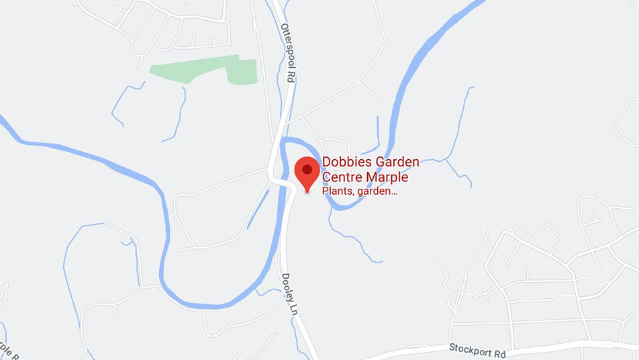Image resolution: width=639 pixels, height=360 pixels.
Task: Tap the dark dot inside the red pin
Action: pyautogui.click(x=307, y=169)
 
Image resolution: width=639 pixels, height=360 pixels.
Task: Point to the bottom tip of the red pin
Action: pyautogui.click(x=307, y=192)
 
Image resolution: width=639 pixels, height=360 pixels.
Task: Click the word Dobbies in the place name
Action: pyautogui.click(x=343, y=162)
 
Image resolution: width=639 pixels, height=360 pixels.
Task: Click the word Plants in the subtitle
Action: pyautogui.click(x=337, y=191)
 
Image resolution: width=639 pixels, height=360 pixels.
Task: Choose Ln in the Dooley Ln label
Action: pyautogui.click(x=293, y=310)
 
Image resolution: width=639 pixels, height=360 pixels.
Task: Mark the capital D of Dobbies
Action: pyautogui.click(x=326, y=162)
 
